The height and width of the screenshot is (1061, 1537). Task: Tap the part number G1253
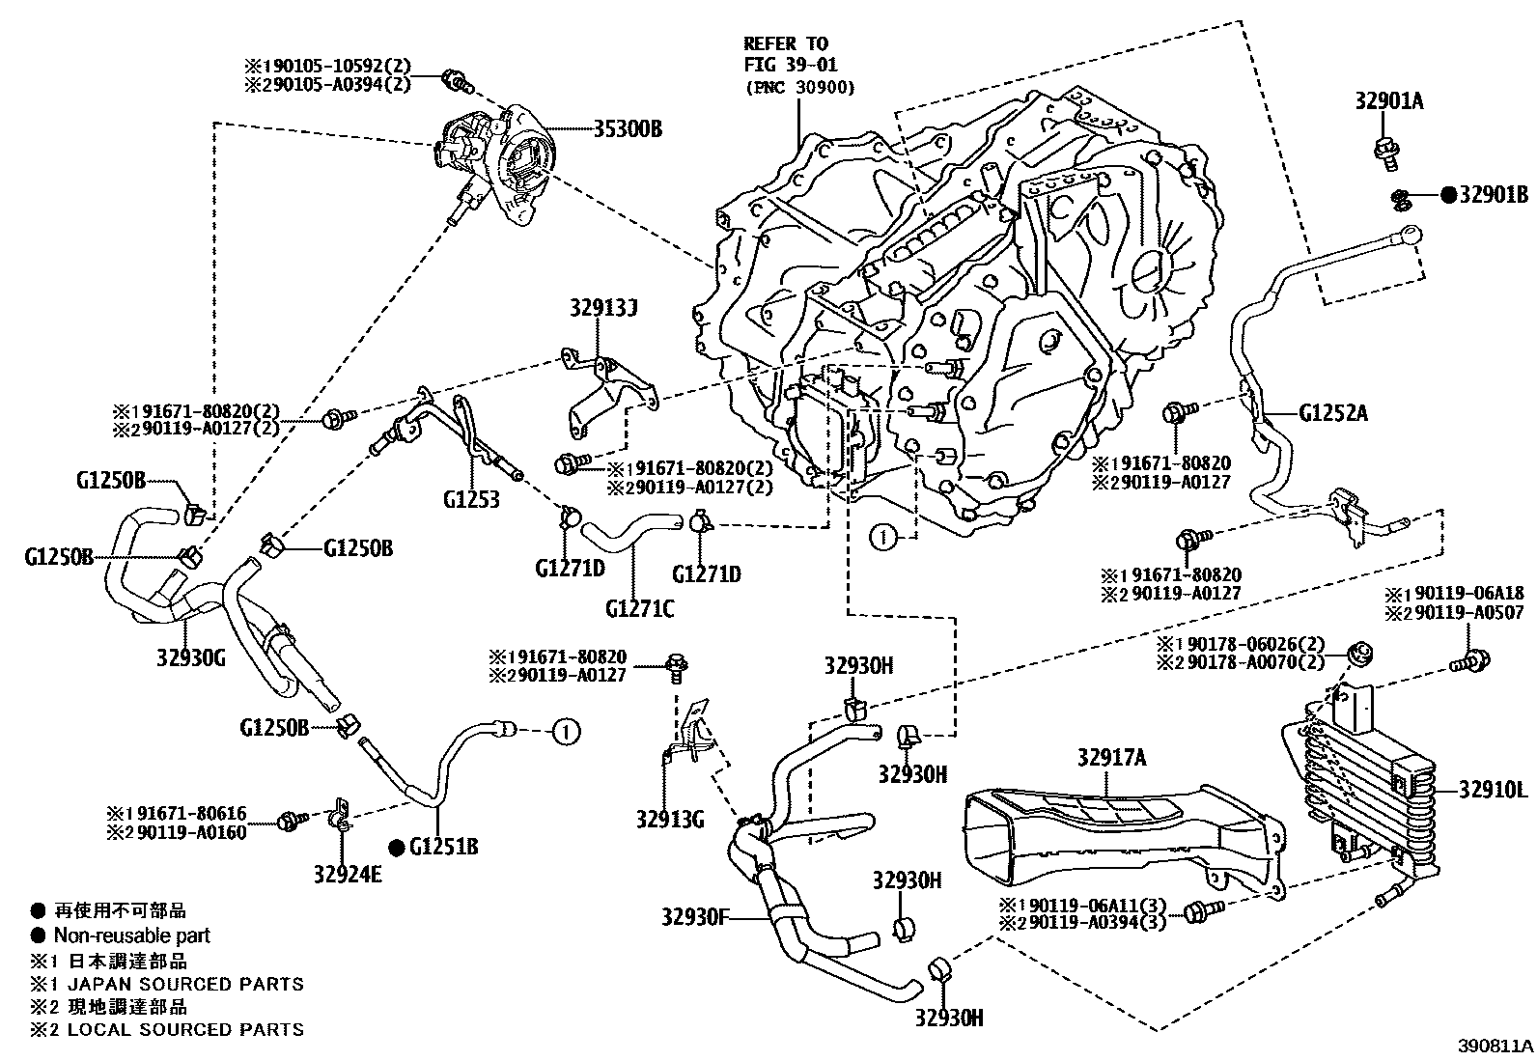[471, 499]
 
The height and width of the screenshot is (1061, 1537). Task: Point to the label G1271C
[640, 608]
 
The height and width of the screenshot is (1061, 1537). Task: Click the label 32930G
[190, 659]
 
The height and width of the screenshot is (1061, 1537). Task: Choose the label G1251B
[444, 848]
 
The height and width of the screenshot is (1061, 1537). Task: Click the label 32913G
[670, 821]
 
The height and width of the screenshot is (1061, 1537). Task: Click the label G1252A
[1333, 414]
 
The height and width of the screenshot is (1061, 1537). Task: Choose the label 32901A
[1389, 101]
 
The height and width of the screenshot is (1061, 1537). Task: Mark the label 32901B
[1494, 195]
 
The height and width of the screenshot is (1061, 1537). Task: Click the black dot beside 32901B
[1448, 195]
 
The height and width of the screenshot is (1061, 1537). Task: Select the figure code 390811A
[1495, 1046]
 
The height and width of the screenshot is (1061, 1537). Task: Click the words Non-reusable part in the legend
[131, 935]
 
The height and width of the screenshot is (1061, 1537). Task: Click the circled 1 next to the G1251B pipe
[566, 732]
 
